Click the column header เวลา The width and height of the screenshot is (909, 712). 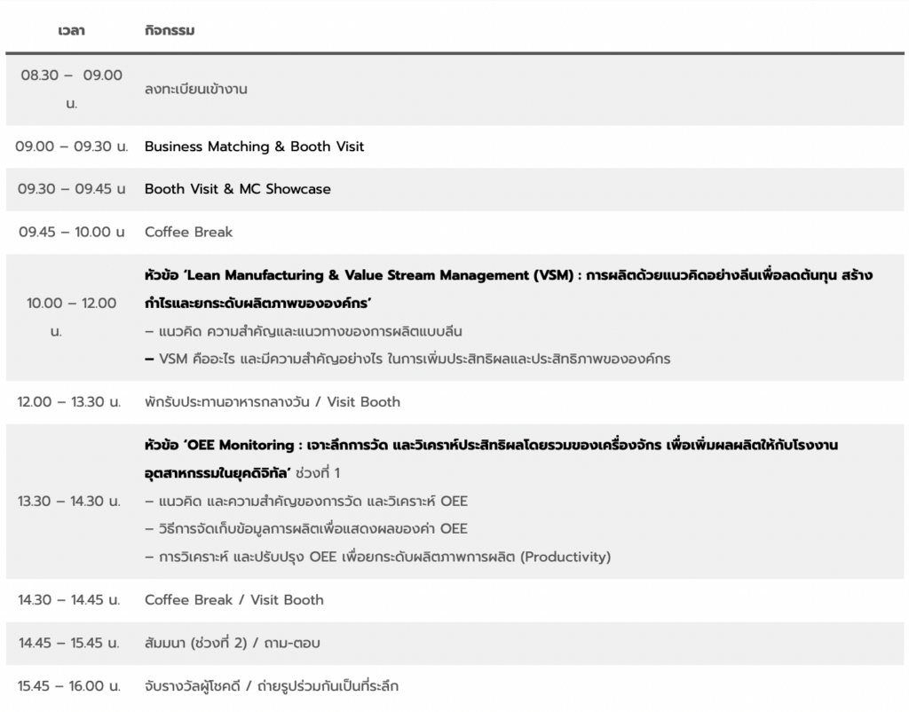(x=71, y=31)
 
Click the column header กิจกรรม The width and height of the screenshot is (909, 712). (x=169, y=31)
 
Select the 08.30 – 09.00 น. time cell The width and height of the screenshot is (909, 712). (x=71, y=89)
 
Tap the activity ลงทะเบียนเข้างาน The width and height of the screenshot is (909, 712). (x=196, y=89)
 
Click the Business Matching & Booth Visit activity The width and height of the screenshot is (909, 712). (x=254, y=146)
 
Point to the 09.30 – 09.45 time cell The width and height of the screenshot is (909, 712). (x=71, y=189)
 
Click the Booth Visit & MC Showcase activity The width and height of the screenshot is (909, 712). (x=237, y=189)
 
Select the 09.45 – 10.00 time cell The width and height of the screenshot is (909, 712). (x=71, y=232)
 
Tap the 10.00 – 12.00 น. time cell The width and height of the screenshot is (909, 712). (x=71, y=317)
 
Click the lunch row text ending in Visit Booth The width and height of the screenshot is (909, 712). (x=273, y=402)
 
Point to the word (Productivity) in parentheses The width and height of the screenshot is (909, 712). (x=565, y=558)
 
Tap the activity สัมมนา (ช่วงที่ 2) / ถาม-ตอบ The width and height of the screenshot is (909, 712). (x=233, y=643)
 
